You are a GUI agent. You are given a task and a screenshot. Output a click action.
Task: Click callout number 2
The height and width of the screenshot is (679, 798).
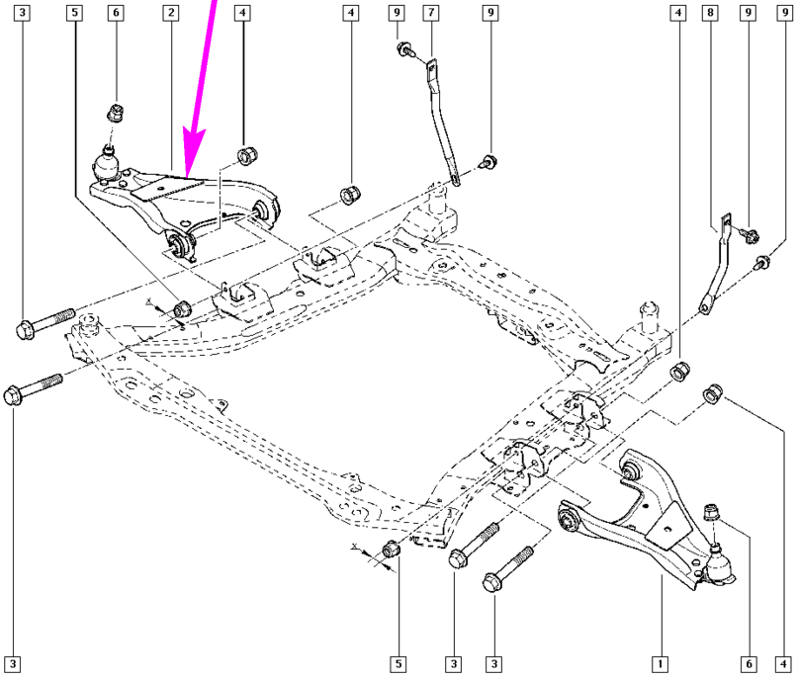tap(171, 13)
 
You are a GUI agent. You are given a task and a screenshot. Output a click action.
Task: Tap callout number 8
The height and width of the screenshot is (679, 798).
tap(709, 13)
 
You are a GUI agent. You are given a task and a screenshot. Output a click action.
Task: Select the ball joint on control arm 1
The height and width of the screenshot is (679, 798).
tap(719, 564)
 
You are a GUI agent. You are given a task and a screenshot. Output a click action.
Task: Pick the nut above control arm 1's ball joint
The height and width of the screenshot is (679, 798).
tap(711, 513)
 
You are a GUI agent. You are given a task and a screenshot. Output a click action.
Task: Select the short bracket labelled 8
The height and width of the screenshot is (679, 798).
tap(717, 262)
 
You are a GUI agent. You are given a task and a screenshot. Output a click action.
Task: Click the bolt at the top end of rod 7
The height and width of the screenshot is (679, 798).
tap(405, 50)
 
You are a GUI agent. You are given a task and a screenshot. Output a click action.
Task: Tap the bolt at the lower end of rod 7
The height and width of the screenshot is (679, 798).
tap(488, 160)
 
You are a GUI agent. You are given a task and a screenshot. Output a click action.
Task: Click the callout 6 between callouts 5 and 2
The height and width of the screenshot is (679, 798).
tap(117, 13)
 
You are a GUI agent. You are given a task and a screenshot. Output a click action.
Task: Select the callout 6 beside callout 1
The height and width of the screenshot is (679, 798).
tap(749, 662)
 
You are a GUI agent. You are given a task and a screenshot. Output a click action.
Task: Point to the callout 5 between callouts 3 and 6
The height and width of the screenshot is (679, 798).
tap(73, 13)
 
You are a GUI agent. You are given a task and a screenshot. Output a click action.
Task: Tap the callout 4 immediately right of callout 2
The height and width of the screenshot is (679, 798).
tap(242, 13)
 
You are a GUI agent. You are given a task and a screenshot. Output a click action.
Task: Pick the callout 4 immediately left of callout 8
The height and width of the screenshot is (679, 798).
tap(676, 13)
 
